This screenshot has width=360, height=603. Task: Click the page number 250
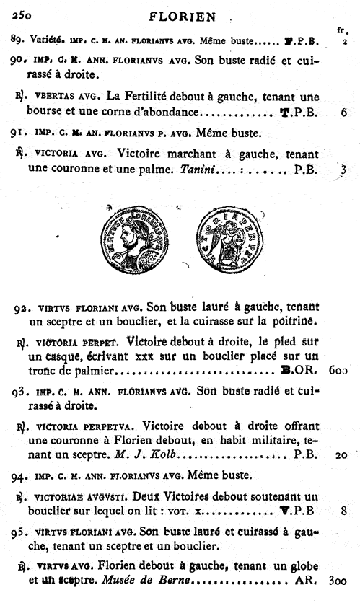pos(22,14)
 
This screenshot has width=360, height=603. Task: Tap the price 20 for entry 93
pos(342,455)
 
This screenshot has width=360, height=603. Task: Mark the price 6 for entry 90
pos(344,113)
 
